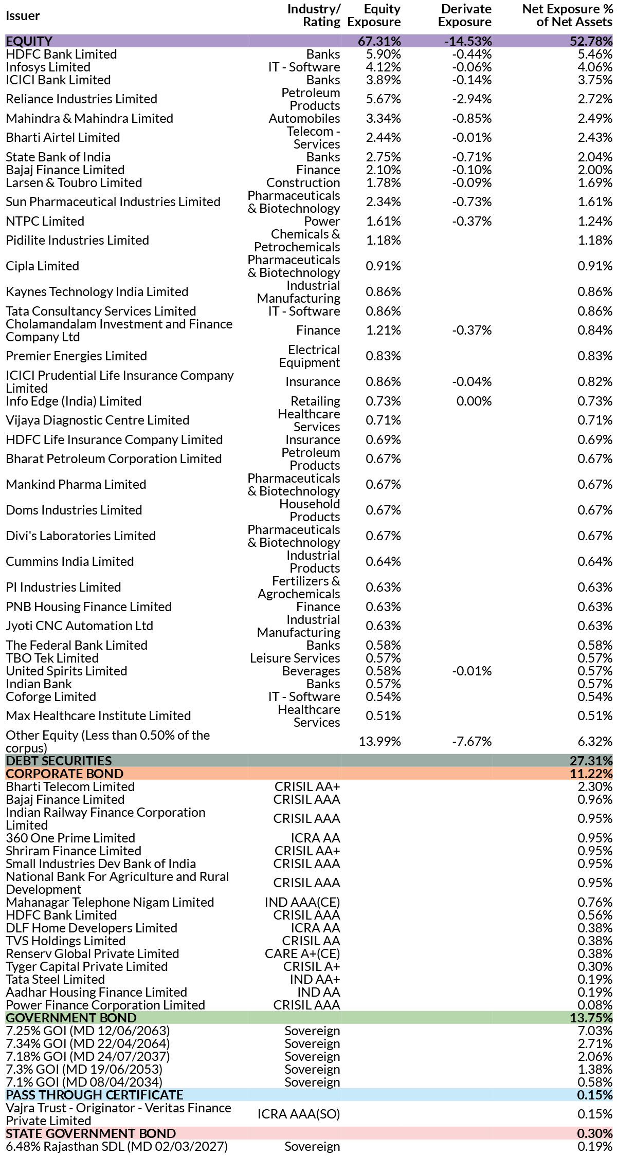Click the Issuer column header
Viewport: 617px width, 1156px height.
pyautogui.click(x=23, y=16)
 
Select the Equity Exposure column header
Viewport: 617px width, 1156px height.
pyautogui.click(x=374, y=15)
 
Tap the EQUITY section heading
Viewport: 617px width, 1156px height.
pyautogui.click(x=29, y=41)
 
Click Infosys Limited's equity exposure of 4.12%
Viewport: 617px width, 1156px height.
pyautogui.click(x=383, y=67)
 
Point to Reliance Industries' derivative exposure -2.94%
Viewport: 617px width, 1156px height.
pyautogui.click(x=471, y=99)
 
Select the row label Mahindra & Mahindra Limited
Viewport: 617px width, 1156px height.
pyautogui.click(x=89, y=119)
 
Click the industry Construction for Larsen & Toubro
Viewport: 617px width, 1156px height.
pyautogui.click(x=303, y=183)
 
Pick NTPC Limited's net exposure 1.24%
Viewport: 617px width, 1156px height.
pyautogui.click(x=595, y=222)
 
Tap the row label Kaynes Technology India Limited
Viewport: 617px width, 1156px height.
pyautogui.click(x=97, y=292)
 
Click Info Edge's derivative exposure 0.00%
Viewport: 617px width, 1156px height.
pyautogui.click(x=474, y=401)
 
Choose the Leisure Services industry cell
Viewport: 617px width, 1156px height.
pyautogui.click(x=295, y=658)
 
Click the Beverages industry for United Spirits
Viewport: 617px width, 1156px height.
pyautogui.click(x=311, y=671)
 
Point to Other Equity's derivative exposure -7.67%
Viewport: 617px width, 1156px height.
pyautogui.click(x=471, y=742)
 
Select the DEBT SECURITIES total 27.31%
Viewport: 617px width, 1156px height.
pyautogui.click(x=591, y=761)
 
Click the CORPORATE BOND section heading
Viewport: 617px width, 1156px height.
pyautogui.click(x=64, y=774)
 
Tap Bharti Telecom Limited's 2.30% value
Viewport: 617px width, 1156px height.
pyautogui.click(x=595, y=787)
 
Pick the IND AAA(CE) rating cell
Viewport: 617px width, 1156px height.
pyautogui.click(x=302, y=903)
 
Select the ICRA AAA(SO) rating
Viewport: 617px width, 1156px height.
pyautogui.click(x=298, y=1114)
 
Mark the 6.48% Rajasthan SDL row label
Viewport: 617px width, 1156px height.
pyautogui.click(x=116, y=1147)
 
